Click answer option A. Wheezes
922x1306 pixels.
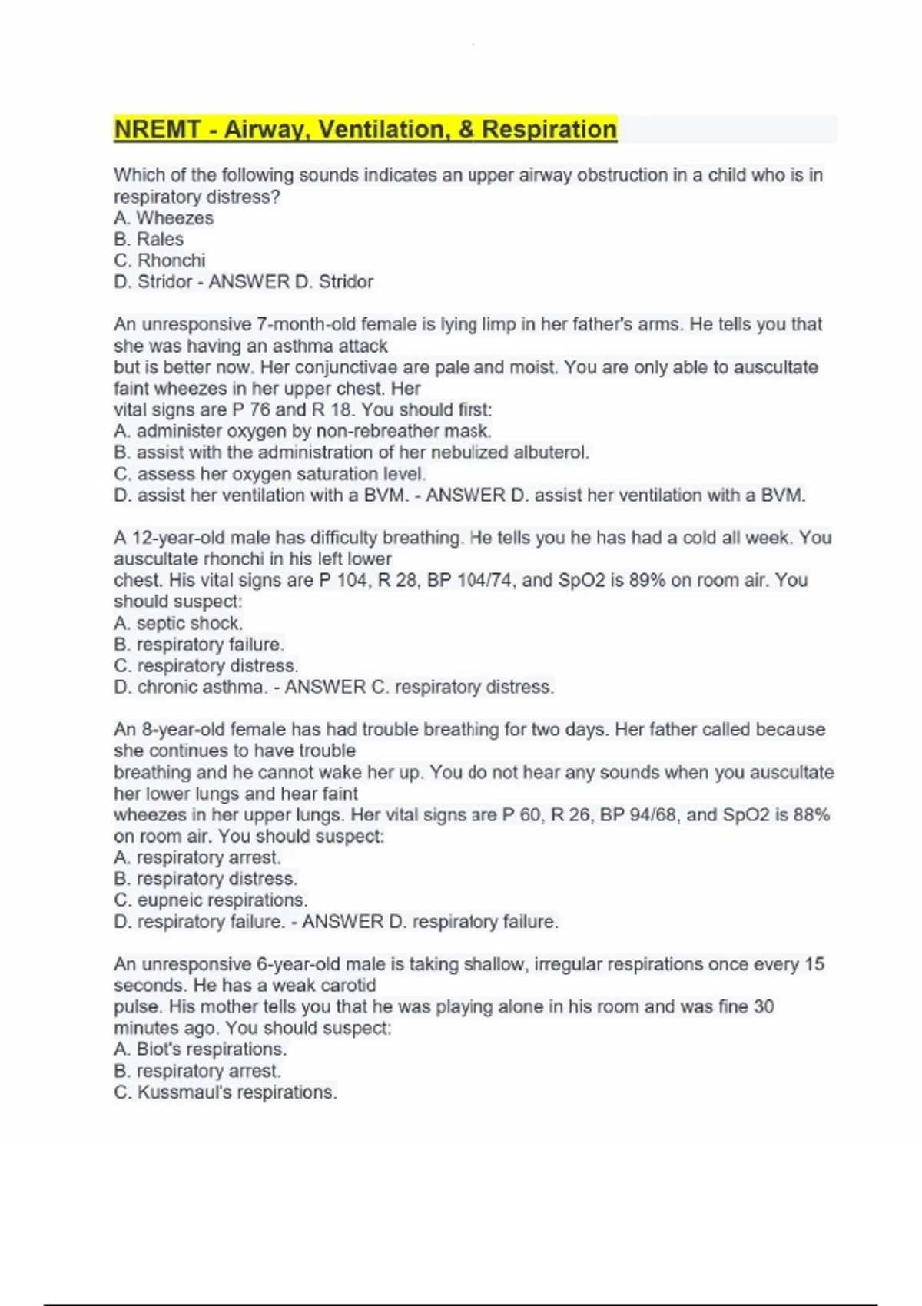pyautogui.click(x=164, y=218)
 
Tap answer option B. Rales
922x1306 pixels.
pyautogui.click(x=148, y=239)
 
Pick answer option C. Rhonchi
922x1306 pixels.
pyautogui.click(x=159, y=260)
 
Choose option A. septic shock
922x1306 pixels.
pyautogui.click(x=178, y=623)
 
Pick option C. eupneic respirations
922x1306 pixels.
pyautogui.click(x=211, y=900)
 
